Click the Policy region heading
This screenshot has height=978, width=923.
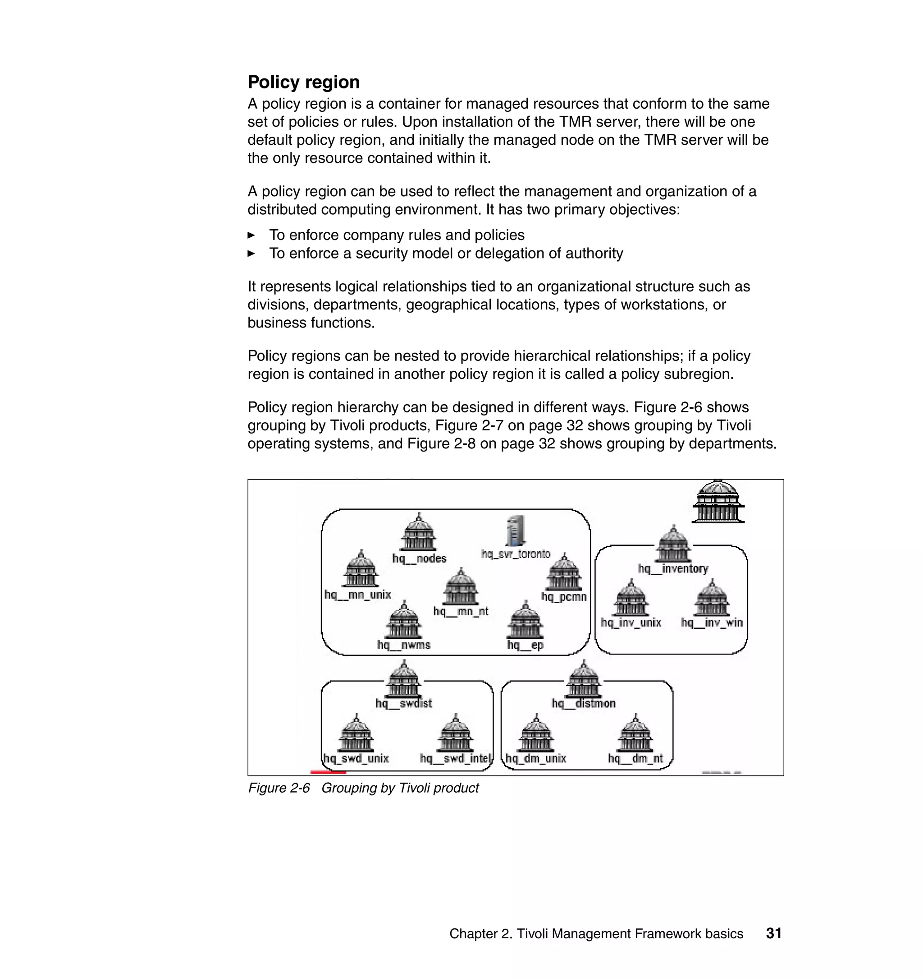[304, 82]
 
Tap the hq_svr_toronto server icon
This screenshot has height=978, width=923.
[515, 531]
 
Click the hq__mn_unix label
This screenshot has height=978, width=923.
[358, 595]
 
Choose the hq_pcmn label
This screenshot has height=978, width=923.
[564, 597]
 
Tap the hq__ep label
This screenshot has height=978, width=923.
[525, 645]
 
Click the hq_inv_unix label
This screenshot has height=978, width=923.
[631, 623]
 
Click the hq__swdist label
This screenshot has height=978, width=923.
[403, 703]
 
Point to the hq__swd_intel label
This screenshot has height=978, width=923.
[456, 758]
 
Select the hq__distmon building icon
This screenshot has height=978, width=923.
[584, 680]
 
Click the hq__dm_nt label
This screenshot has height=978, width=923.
[635, 758]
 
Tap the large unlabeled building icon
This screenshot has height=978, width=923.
[718, 502]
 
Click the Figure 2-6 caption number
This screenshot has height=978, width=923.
[279, 788]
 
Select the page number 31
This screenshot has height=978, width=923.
[773, 933]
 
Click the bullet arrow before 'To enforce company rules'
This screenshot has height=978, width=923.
[251, 235]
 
